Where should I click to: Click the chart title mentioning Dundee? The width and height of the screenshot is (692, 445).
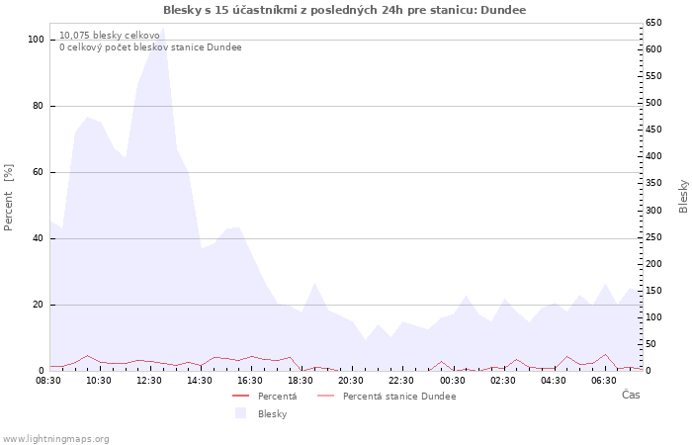tap(345, 10)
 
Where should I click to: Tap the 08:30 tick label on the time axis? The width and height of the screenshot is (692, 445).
tap(49, 380)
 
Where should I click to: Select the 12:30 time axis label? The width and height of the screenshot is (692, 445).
tap(150, 380)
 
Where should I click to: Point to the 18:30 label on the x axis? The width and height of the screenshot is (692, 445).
tap(301, 380)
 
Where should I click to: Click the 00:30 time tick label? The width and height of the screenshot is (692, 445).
tap(452, 380)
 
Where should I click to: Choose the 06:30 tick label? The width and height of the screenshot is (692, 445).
tap(603, 380)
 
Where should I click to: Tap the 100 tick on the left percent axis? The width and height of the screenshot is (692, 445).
tap(37, 40)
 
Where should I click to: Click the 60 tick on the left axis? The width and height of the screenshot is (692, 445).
tap(39, 172)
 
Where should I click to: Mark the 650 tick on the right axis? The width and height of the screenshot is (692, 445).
tap(654, 23)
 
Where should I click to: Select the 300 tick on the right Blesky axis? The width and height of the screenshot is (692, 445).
tap(654, 211)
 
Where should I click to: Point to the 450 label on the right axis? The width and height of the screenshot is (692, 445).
tap(654, 130)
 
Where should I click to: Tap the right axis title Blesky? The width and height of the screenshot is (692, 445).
tap(683, 196)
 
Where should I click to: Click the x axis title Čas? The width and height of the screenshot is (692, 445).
tap(630, 395)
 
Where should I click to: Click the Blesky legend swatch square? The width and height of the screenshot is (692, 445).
tap(240, 413)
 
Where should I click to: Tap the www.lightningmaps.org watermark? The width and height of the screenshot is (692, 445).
tap(55, 438)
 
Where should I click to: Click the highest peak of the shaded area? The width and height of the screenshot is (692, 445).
tap(162, 31)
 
